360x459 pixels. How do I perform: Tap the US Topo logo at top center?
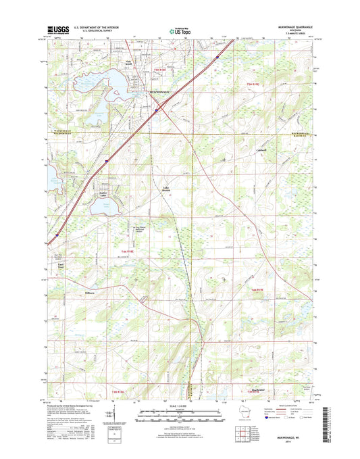tap(180, 30)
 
